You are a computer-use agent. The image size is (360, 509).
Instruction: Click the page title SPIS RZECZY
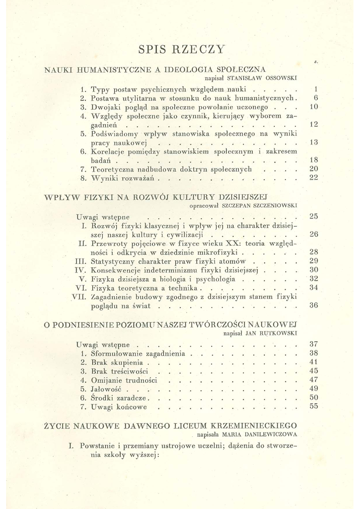pyautogui.click(x=182, y=49)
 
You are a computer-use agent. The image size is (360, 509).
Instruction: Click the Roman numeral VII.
pyautogui.click(x=78, y=297)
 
